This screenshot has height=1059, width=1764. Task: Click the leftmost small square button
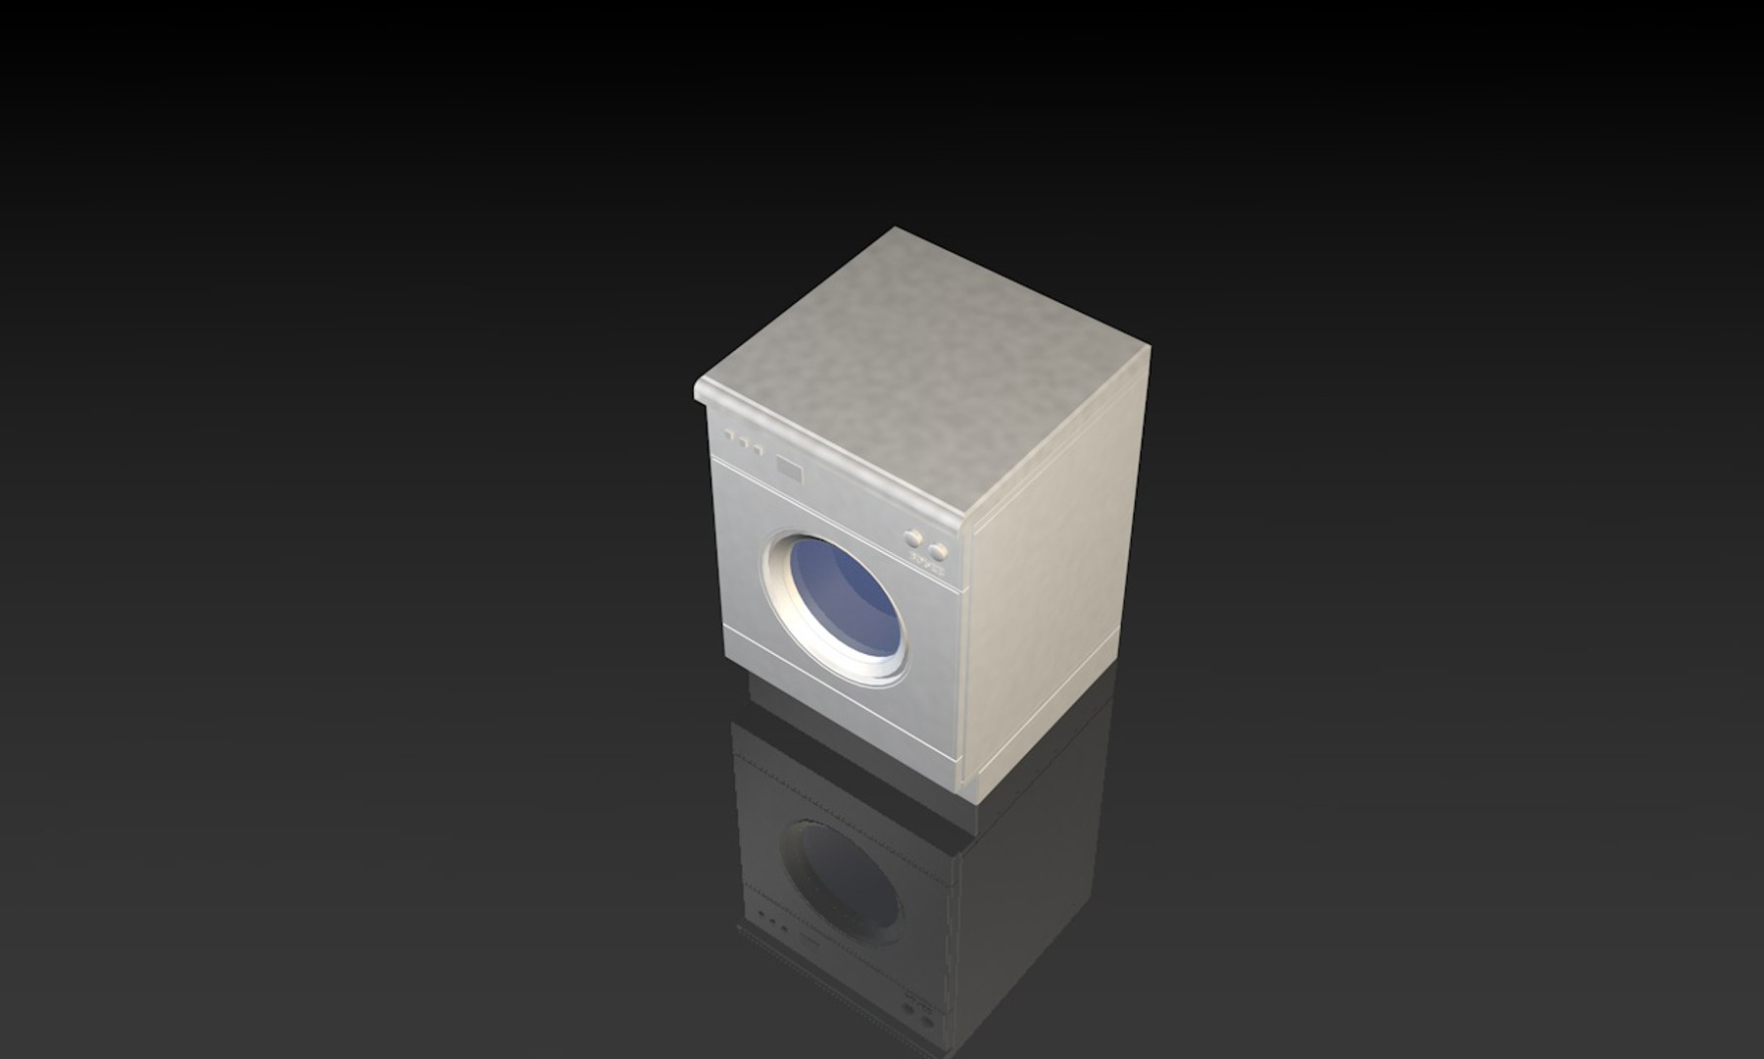(x=729, y=434)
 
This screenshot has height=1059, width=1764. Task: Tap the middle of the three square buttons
(x=744, y=442)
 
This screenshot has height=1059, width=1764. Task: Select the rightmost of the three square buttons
(x=759, y=450)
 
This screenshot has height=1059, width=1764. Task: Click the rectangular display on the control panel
(x=789, y=469)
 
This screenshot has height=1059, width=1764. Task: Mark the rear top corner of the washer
(x=894, y=231)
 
